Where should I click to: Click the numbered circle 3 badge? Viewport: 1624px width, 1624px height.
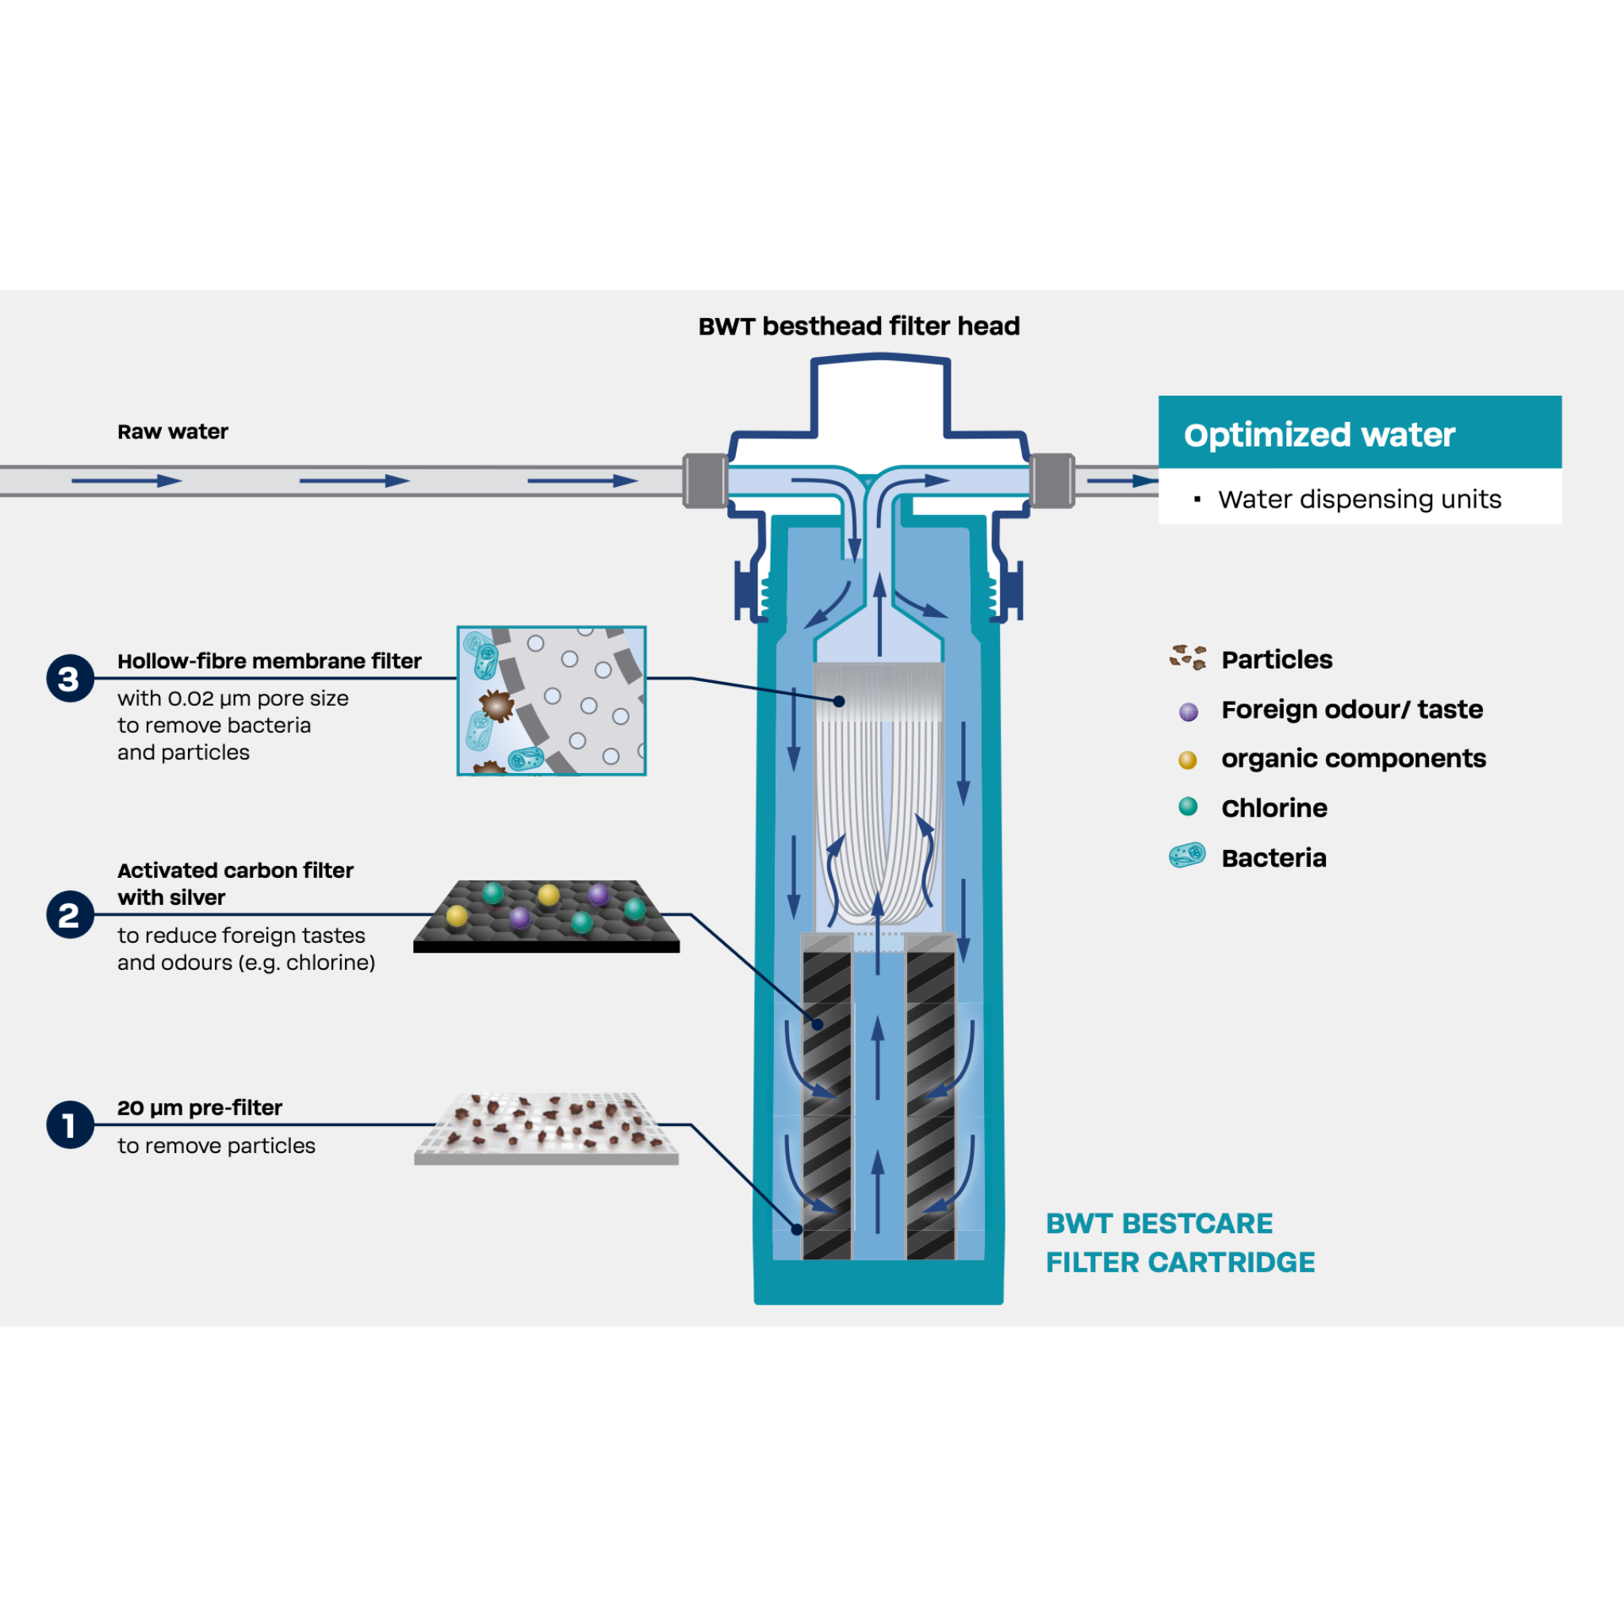pyautogui.click(x=70, y=677)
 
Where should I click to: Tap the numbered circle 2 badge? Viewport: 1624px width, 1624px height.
pyautogui.click(x=70, y=914)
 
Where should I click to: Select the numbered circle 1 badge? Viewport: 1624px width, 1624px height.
pyautogui.click(x=70, y=1124)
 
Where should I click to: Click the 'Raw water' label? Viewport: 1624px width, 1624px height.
pyautogui.click(x=172, y=431)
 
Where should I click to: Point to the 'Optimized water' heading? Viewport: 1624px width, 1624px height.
pyautogui.click(x=1319, y=435)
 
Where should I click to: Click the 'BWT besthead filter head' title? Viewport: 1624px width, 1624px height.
pyautogui.click(x=858, y=326)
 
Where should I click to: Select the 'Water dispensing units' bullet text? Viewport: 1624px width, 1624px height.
pyautogui.click(x=1358, y=500)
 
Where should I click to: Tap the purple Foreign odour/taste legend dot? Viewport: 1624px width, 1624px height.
pyautogui.click(x=1188, y=712)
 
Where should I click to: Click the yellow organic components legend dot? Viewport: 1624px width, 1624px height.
pyautogui.click(x=1187, y=760)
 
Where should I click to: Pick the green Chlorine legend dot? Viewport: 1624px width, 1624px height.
pyautogui.click(x=1187, y=807)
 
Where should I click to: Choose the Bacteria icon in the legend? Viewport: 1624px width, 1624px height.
pyautogui.click(x=1187, y=856)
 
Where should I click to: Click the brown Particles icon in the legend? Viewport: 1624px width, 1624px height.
pyautogui.click(x=1187, y=657)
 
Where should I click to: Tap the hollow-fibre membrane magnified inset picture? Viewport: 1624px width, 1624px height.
pyautogui.click(x=551, y=700)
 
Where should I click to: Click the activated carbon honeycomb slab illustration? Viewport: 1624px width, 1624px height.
pyautogui.click(x=546, y=915)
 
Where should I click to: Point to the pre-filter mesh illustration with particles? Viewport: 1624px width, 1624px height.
pyautogui.click(x=546, y=1128)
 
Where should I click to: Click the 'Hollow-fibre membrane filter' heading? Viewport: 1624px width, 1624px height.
pyautogui.click(x=269, y=661)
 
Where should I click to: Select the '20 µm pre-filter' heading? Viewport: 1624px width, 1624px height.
pyautogui.click(x=199, y=1107)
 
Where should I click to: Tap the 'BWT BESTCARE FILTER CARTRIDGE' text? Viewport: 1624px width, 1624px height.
pyautogui.click(x=1179, y=1243)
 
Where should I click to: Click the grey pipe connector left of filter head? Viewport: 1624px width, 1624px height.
pyautogui.click(x=705, y=480)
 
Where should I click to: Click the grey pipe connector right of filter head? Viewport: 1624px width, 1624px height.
pyautogui.click(x=1051, y=480)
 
